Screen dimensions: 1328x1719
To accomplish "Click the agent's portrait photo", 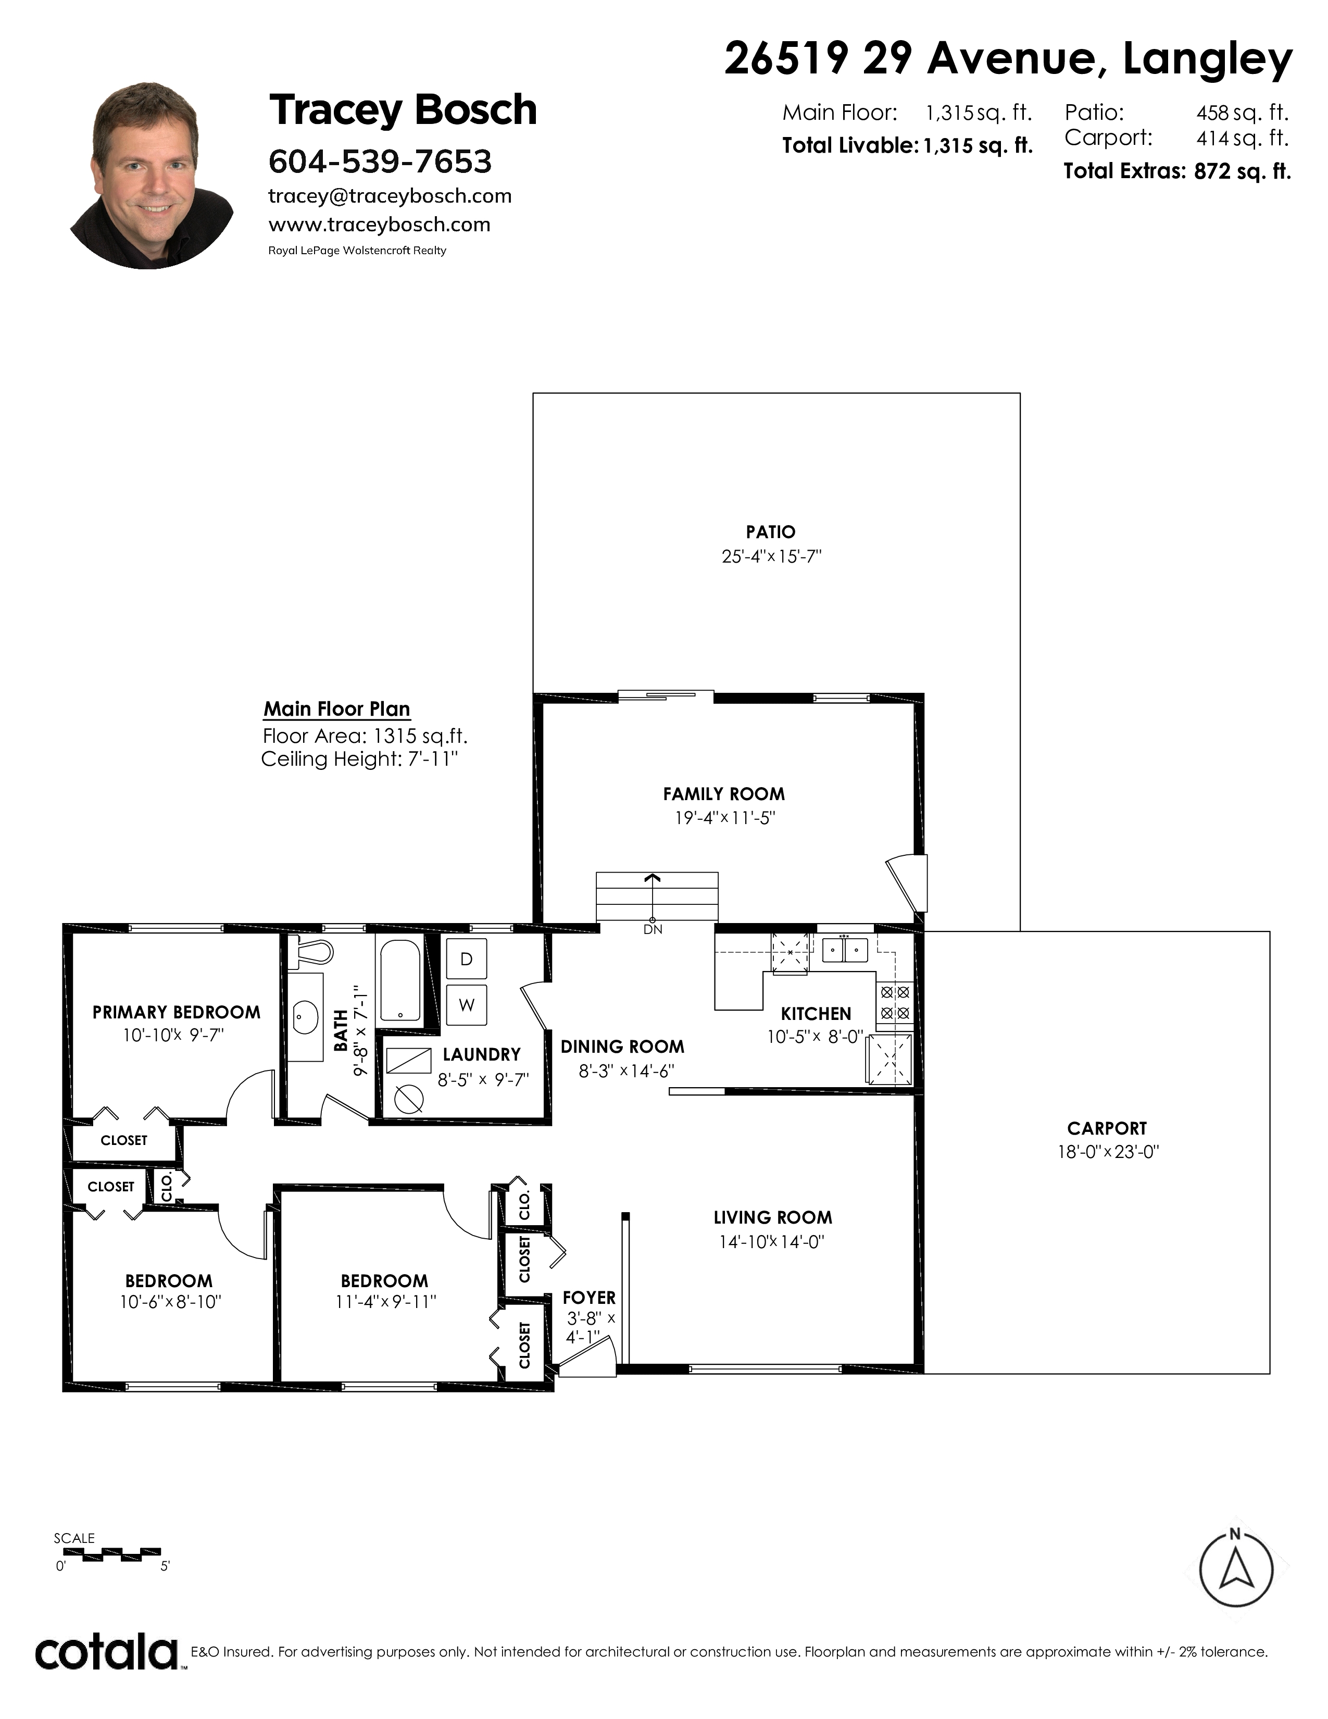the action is click(x=152, y=175).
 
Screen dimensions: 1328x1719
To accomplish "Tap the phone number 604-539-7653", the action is click(x=380, y=161).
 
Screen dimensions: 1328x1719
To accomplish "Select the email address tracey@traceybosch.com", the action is click(x=390, y=196).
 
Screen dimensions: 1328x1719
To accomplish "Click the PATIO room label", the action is click(x=771, y=532).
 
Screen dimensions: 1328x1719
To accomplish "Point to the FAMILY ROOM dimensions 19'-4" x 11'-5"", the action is click(x=724, y=818).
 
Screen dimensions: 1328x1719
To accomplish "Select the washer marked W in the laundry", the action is click(x=467, y=1005).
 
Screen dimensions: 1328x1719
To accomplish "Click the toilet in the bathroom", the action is click(x=308, y=952).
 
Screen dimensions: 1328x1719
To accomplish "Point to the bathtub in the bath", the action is click(x=401, y=981).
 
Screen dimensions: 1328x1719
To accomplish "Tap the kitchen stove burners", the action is click(x=895, y=1002).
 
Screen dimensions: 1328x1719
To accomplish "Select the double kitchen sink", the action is click(x=845, y=950).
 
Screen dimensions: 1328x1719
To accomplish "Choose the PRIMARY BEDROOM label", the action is click(x=176, y=1012).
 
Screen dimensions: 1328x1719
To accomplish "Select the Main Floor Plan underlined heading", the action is click(x=337, y=709).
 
